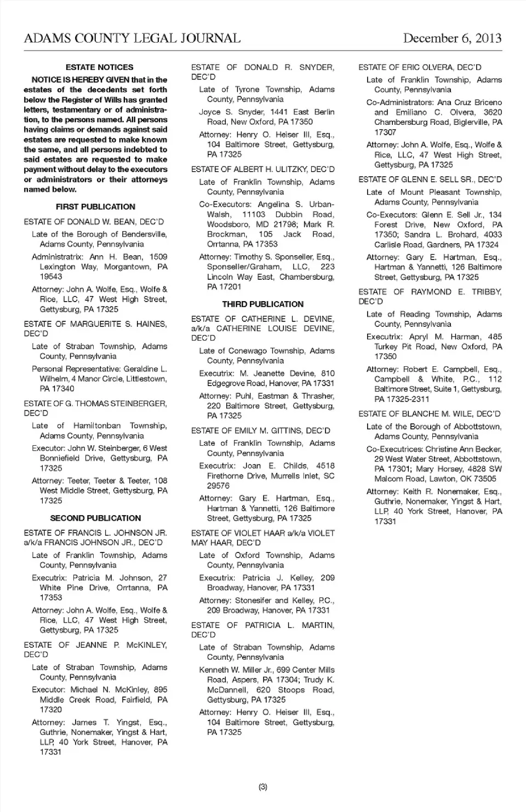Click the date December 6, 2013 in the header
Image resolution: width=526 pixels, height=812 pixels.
[x=452, y=38]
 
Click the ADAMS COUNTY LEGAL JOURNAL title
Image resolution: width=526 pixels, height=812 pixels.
[x=132, y=38]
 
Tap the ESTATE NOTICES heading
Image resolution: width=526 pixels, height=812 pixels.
[x=99, y=67]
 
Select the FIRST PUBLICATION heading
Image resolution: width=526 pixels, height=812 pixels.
[x=95, y=206]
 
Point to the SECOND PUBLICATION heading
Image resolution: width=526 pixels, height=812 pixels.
[x=95, y=518]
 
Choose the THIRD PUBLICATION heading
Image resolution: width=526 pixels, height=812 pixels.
[x=262, y=304]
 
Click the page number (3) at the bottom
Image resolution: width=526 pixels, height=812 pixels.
[x=262, y=787]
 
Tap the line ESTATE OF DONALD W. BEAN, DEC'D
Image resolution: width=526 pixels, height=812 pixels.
[x=94, y=222]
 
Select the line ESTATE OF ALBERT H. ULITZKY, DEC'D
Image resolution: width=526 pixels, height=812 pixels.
[x=262, y=169]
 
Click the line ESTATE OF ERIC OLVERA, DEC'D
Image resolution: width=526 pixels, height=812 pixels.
[x=420, y=67]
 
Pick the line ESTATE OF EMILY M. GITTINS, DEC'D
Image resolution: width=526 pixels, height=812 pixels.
[x=260, y=430]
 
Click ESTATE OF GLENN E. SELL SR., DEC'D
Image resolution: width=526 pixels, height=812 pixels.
[x=430, y=180]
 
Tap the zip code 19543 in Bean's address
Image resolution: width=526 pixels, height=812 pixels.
[x=51, y=277]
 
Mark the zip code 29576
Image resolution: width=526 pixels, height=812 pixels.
[x=218, y=486]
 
